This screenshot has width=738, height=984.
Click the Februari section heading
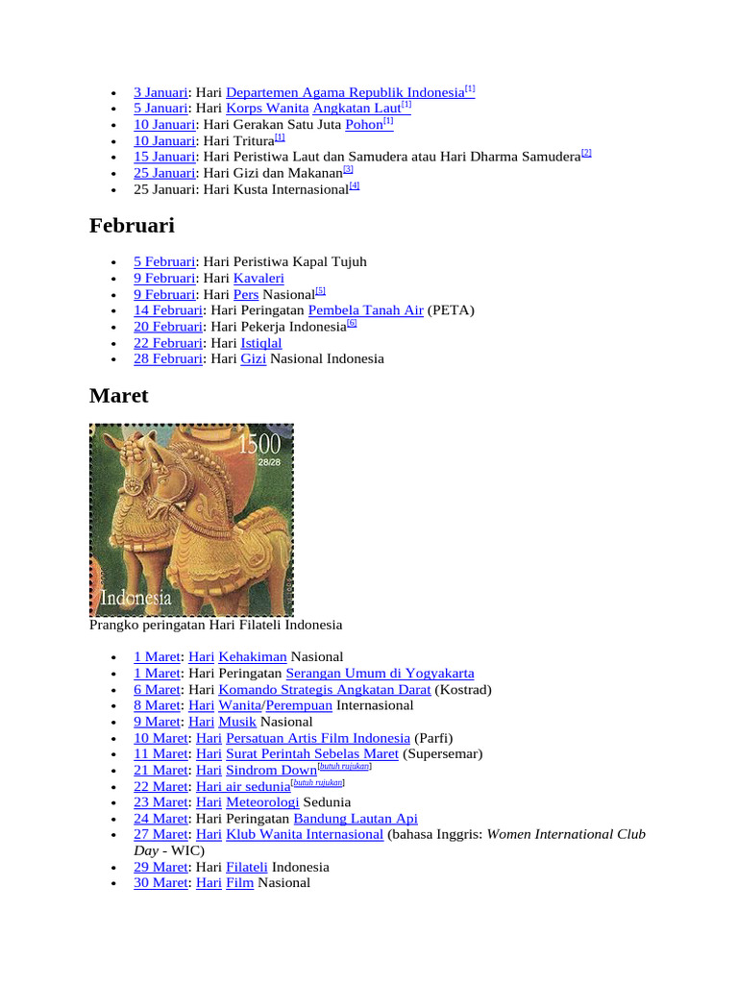(x=132, y=225)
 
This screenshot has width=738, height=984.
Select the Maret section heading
(x=118, y=395)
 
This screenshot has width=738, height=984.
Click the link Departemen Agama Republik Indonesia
(x=345, y=92)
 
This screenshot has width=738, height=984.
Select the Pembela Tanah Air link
(x=365, y=310)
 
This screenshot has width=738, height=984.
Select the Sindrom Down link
(x=270, y=770)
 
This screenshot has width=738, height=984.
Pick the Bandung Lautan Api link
(x=356, y=818)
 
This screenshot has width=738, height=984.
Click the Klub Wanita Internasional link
(x=305, y=834)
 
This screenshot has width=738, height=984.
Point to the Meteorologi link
(x=262, y=801)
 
